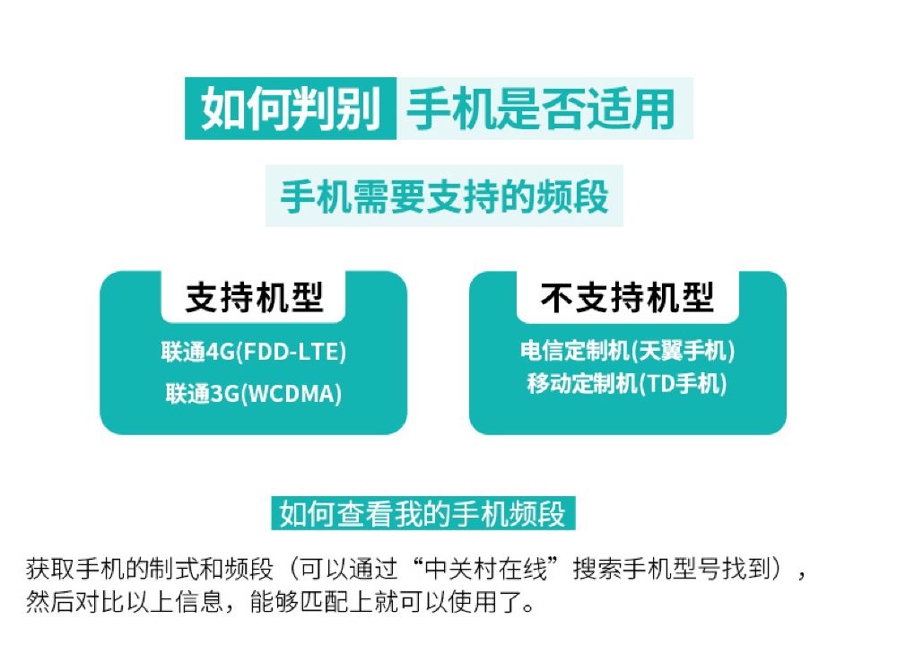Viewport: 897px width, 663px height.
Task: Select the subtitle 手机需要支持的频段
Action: pos(444,197)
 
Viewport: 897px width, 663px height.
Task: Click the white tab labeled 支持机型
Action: pos(254,297)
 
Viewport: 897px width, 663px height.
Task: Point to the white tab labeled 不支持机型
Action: pos(627,297)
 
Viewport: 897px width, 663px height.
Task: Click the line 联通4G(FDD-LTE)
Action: pos(254,353)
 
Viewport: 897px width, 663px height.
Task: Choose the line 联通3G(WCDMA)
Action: pos(254,393)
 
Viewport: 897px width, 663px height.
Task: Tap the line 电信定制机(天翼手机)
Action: pos(627,352)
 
